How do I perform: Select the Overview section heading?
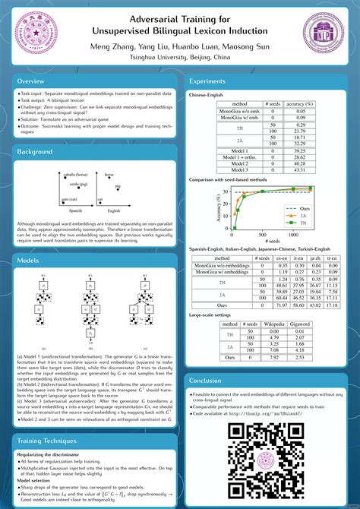click(x=31, y=81)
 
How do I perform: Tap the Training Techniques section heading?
click(x=49, y=441)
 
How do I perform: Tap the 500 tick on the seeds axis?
click(x=262, y=236)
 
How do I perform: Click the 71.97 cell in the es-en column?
click(x=281, y=304)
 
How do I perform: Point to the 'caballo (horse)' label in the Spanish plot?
click(x=76, y=175)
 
